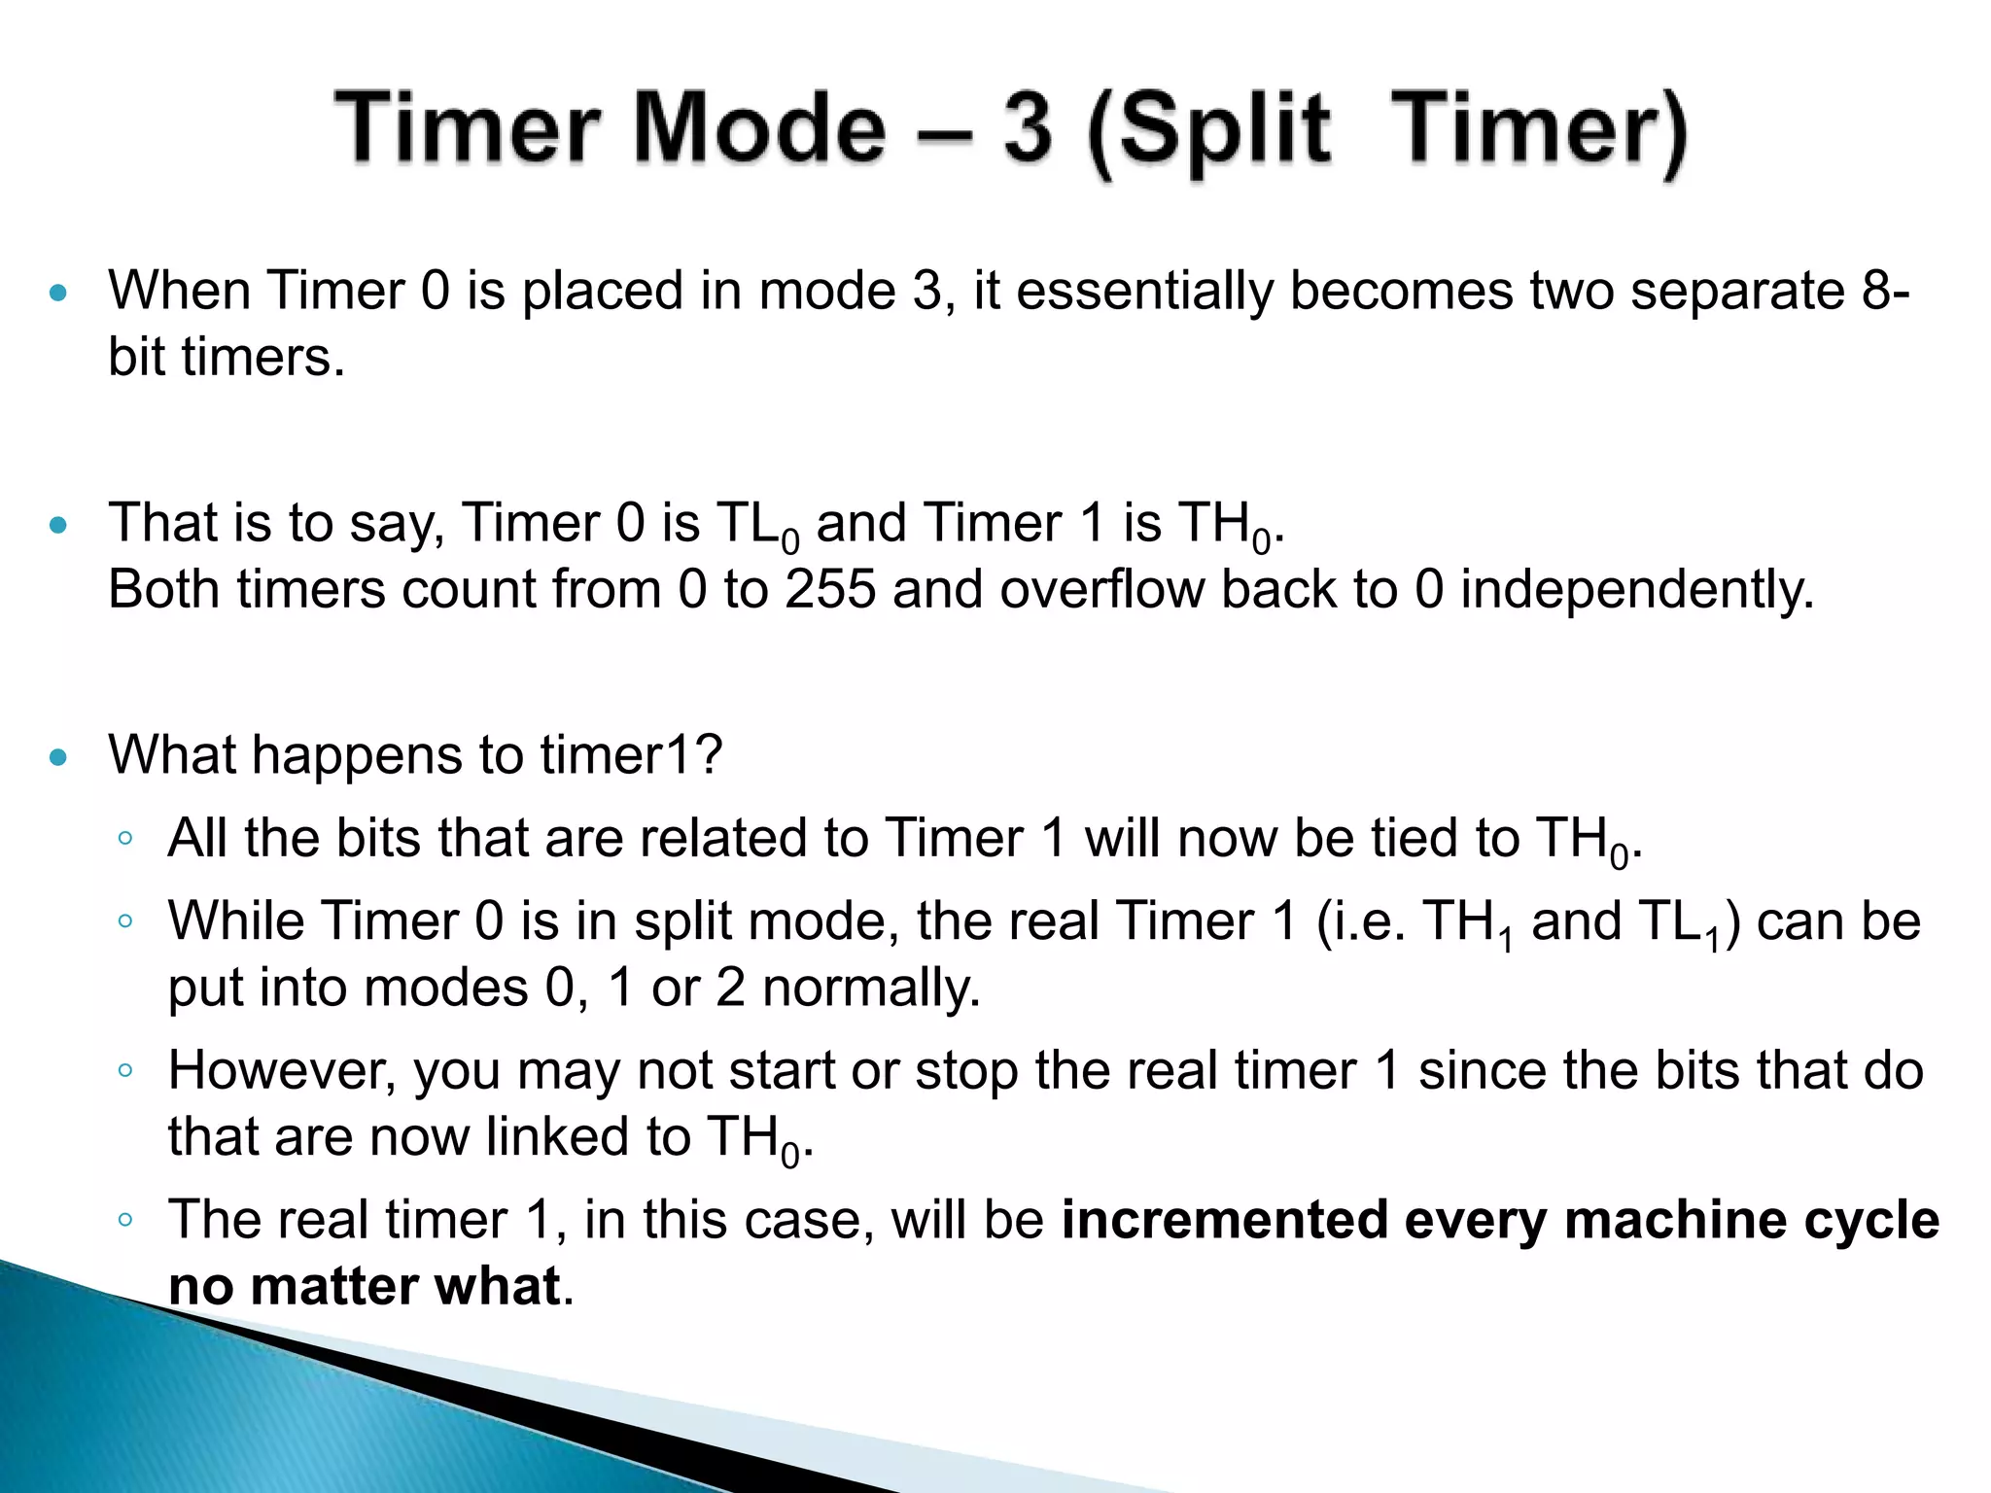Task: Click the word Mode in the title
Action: pos(759,129)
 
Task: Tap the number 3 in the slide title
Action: pos(1028,129)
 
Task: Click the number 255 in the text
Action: pos(830,589)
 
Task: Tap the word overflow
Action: pos(1101,589)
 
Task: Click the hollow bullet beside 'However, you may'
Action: pos(124,1070)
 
